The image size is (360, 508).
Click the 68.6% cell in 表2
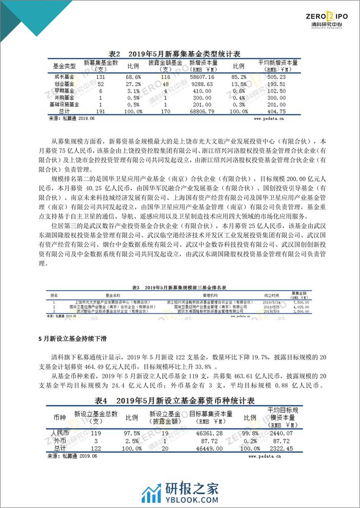tap(133, 76)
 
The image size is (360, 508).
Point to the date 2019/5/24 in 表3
tap(271, 302)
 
